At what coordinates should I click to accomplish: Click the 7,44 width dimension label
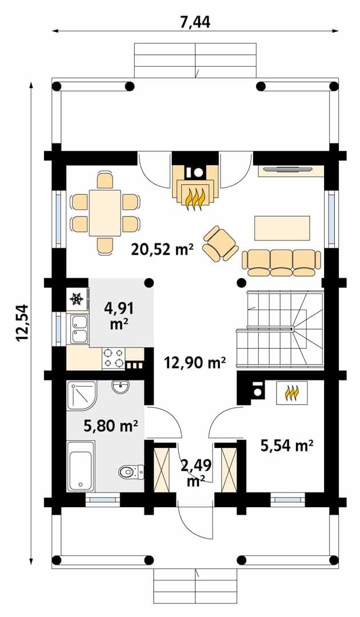[x=195, y=22]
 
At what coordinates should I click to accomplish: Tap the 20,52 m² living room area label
[x=162, y=249]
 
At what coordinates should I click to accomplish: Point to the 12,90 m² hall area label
[x=195, y=362]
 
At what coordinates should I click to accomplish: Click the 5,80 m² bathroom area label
[x=110, y=425]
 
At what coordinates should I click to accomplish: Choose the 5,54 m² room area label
[x=287, y=446]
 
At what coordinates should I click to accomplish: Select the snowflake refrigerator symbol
[x=77, y=299]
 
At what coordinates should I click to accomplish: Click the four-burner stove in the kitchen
[x=113, y=358]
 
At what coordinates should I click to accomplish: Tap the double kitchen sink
[x=80, y=329]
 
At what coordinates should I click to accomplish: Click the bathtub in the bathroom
[x=81, y=466]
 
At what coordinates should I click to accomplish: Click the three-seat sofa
[x=281, y=262]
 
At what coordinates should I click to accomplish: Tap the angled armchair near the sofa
[x=221, y=243]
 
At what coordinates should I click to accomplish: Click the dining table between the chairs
[x=105, y=213]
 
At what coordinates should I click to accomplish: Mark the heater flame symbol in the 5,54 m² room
[x=291, y=392]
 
